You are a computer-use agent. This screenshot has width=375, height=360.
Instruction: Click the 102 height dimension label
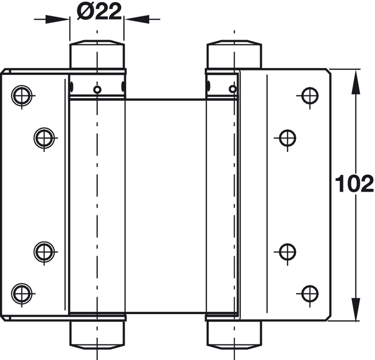(x=354, y=184)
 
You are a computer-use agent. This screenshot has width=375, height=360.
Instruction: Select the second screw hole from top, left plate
(x=44, y=138)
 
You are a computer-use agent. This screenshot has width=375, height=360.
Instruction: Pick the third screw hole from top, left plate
(x=44, y=252)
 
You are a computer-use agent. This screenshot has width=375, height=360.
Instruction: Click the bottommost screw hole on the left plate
(x=22, y=294)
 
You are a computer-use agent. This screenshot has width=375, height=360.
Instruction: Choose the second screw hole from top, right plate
(x=287, y=138)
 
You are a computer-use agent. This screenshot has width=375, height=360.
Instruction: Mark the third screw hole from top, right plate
(x=287, y=252)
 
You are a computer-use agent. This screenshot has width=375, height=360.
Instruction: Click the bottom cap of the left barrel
(x=97, y=334)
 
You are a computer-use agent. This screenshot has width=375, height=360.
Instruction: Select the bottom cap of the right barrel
(x=234, y=334)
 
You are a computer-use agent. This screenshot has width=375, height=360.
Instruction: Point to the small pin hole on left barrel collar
(x=98, y=89)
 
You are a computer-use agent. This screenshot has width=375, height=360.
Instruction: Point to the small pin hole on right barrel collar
(x=232, y=89)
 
